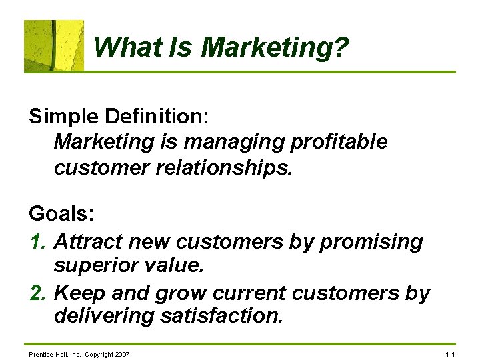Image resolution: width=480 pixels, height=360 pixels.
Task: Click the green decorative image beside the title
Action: [x=54, y=45]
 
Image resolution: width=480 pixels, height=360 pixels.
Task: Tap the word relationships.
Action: [x=223, y=167]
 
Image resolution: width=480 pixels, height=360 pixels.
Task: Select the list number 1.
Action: [x=37, y=241]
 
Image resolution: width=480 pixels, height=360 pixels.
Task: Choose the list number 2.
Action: [x=37, y=293]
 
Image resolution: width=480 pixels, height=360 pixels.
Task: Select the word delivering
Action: [x=104, y=315]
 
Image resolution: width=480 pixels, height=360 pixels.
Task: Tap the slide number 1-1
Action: [x=450, y=354]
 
